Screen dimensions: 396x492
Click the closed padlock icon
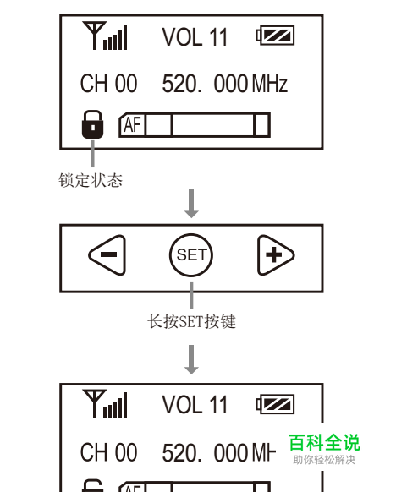click(92, 124)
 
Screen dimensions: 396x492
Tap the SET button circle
click(191, 254)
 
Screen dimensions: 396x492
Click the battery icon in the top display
click(275, 36)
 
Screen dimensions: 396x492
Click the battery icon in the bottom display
click(275, 404)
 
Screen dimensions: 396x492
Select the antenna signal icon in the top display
click(105, 36)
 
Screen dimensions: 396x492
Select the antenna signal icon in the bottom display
click(105, 403)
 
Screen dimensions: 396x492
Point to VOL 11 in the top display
click(195, 37)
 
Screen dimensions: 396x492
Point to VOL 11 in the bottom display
click(195, 404)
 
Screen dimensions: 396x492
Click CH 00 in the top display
click(108, 83)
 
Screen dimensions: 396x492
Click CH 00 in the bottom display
click(108, 452)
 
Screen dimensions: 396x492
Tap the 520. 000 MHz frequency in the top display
click(225, 84)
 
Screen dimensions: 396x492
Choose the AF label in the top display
click(132, 124)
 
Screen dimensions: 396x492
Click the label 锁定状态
click(91, 180)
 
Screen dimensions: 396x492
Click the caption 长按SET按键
click(191, 321)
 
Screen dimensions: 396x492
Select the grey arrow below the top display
click(191, 204)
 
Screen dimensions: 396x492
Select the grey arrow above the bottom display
click(191, 359)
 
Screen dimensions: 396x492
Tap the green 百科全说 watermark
click(324, 442)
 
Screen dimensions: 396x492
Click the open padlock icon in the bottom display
click(92, 486)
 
